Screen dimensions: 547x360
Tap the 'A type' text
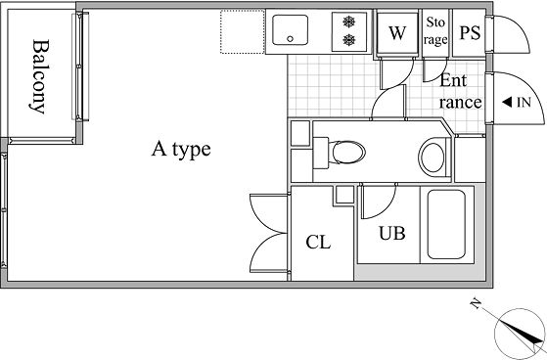coord(181,150)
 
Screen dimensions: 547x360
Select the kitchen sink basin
coord(290,29)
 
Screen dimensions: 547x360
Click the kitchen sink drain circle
coord(290,39)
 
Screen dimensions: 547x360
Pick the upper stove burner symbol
coord(349,22)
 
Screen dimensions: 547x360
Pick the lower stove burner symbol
coord(349,40)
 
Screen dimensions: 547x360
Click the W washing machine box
coord(397,33)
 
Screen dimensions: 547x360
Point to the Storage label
coord(435,31)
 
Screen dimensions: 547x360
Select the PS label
coord(470,32)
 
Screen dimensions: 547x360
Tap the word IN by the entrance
coord(524,103)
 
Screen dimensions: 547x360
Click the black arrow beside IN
coord(507,103)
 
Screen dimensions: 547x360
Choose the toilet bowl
coord(346,152)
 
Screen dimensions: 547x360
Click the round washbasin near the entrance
coord(433,157)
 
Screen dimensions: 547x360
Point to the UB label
coord(392,234)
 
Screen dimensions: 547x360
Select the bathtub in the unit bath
coord(446,224)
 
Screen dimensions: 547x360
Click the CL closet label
coord(318,242)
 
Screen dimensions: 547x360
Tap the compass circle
coord(520,334)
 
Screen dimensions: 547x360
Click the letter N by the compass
coord(475,303)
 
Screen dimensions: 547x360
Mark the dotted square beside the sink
coord(242,31)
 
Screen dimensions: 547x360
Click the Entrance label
coord(461,91)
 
